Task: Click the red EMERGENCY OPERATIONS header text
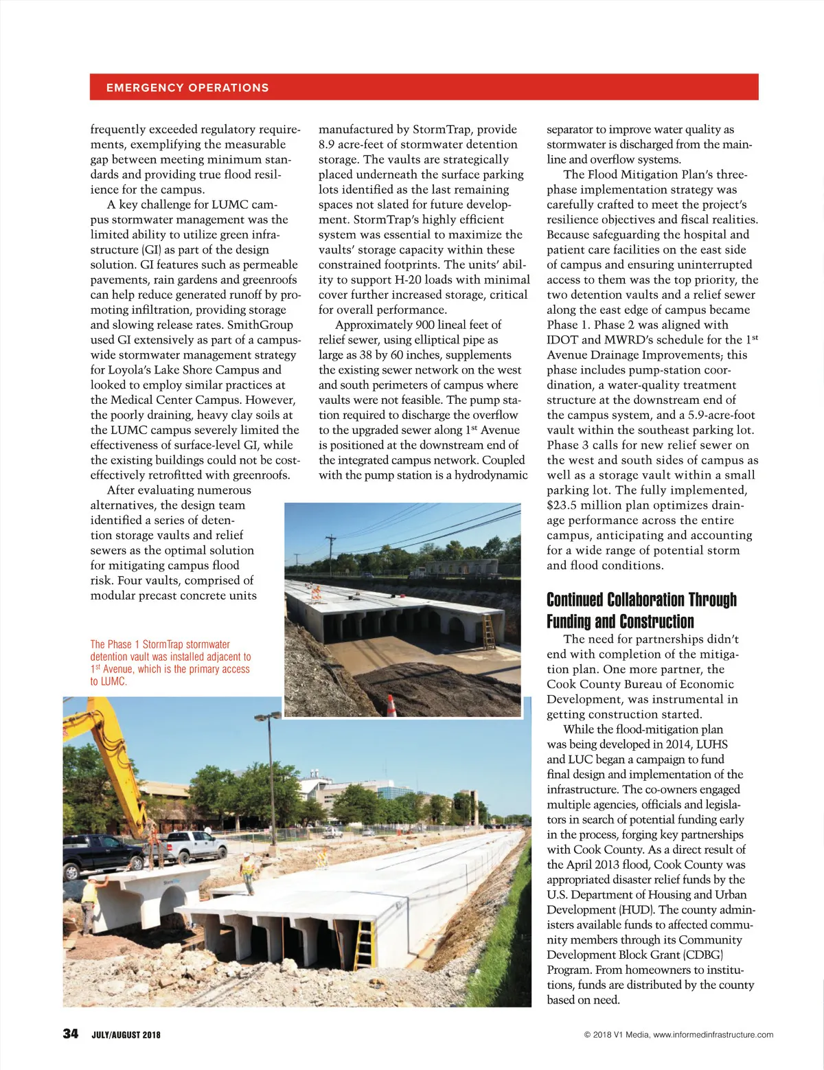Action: click(187, 88)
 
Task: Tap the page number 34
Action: click(71, 1034)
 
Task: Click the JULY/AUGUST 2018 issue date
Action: click(126, 1035)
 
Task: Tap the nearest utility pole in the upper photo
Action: click(331, 549)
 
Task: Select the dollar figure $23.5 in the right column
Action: click(564, 505)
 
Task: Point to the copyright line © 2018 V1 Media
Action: click(678, 1034)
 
